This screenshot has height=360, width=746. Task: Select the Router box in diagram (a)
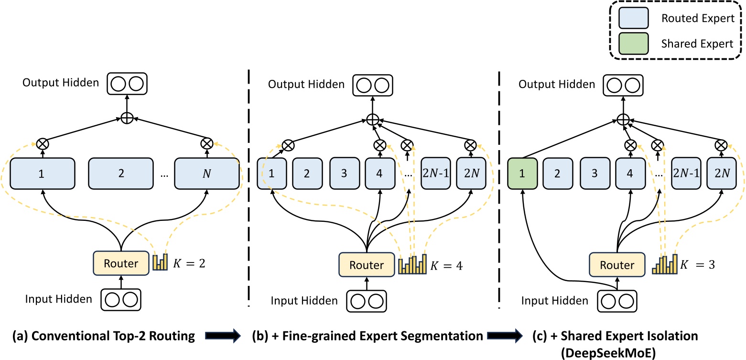(121, 263)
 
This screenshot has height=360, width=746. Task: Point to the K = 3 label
(698, 264)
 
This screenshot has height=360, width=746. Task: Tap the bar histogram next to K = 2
(160, 262)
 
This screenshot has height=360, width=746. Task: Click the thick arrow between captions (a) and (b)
(223, 337)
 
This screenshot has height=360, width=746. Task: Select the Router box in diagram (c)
(617, 264)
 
